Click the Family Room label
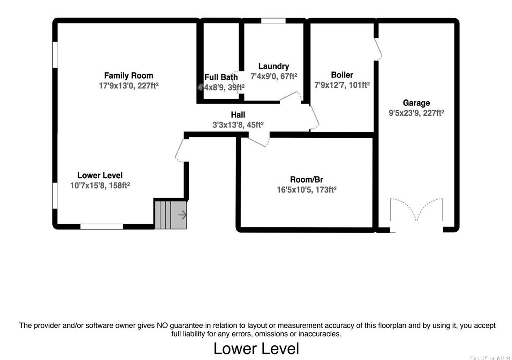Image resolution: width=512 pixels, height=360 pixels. tap(128, 76)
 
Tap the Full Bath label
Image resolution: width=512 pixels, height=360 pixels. tap(221, 78)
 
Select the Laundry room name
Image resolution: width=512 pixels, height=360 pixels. tap(274, 66)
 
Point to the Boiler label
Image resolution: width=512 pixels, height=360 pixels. tap(342, 75)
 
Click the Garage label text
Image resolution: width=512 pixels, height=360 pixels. tap(416, 103)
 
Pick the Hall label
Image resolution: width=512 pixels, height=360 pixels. tap(238, 115)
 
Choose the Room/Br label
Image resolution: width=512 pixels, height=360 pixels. tap(306, 179)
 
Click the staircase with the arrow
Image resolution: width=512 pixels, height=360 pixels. tap(171, 214)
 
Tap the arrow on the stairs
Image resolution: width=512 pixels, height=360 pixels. tap(182, 214)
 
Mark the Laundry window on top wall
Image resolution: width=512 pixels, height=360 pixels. tap(273, 21)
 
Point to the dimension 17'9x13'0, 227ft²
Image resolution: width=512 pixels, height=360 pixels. tap(128, 86)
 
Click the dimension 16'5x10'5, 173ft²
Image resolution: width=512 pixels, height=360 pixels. tap(306, 189)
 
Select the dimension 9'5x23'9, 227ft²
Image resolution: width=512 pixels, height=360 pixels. tap(416, 113)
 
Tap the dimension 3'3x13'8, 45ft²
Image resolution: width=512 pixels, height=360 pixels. tap(238, 124)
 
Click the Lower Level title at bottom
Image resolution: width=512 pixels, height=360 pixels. tap(256, 348)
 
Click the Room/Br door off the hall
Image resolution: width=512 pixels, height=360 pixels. tap(259, 140)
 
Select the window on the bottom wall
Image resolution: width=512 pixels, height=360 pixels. tap(102, 226)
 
